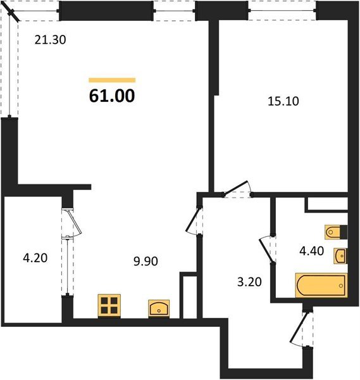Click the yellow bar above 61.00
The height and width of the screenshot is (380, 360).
point(112,80)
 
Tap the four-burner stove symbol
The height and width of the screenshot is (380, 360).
point(109,305)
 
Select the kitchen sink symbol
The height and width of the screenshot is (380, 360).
point(158,308)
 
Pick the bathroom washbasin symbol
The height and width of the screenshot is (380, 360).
point(341,255)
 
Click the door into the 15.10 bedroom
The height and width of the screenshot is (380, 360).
point(238,190)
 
